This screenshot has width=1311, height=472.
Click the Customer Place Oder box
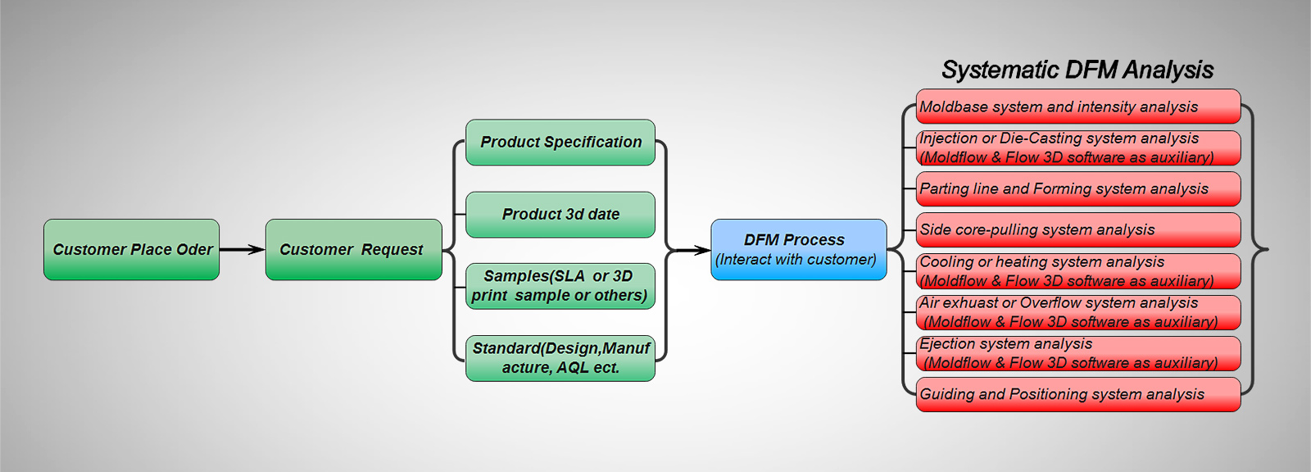pyautogui.click(x=131, y=249)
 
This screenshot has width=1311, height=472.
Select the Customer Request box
pyautogui.click(x=353, y=249)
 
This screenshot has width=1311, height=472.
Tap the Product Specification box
pyautogui.click(x=560, y=143)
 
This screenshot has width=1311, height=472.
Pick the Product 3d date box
pyautogui.click(x=560, y=215)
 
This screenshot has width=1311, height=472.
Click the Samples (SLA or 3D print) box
pyautogui.click(x=560, y=286)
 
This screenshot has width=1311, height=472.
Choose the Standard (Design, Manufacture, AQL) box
pyautogui.click(x=560, y=358)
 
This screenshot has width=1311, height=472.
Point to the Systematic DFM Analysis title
pyautogui.click(x=1077, y=70)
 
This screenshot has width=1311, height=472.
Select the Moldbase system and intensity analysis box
pyautogui.click(x=1077, y=107)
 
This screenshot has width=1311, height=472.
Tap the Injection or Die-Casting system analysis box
pyautogui.click(x=1077, y=147)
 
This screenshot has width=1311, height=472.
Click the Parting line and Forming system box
pyautogui.click(x=1077, y=188)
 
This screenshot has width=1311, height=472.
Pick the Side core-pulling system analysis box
pyautogui.click(x=1077, y=229)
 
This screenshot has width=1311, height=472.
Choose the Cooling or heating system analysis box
pyautogui.click(x=1077, y=271)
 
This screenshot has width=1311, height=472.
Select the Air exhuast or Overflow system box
pyautogui.click(x=1077, y=312)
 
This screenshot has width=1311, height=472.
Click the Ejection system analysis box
pyautogui.click(x=1077, y=353)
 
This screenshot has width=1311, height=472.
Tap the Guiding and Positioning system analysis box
pyautogui.click(x=1077, y=394)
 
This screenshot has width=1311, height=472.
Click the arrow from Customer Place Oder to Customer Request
pyautogui.click(x=243, y=249)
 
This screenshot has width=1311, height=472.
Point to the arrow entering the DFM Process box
pyautogui.click(x=692, y=249)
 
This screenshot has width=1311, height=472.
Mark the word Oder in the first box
pyautogui.click(x=195, y=249)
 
